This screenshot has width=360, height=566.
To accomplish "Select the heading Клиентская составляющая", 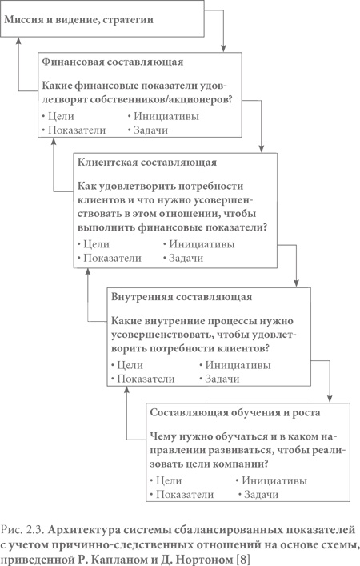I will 143,163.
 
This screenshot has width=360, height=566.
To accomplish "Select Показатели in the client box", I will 113,259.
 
